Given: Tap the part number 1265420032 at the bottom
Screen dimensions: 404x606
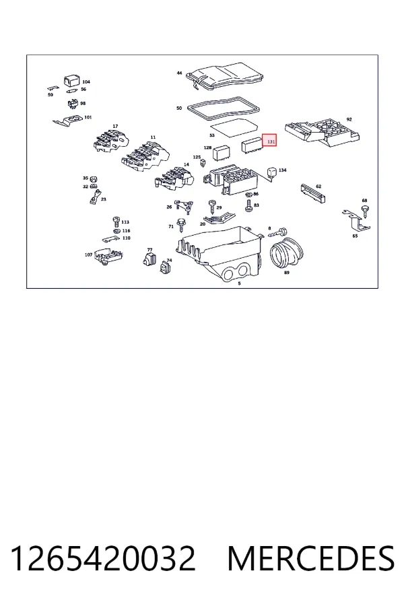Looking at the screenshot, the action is coord(103,558).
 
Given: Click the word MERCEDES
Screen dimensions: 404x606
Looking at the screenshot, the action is coord(311,558).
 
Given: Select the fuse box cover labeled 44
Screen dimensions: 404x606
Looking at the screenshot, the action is coord(225,77).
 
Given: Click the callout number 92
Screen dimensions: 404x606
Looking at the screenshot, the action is coord(349,119).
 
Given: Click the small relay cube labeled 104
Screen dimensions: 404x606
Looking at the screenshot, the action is coord(72,81).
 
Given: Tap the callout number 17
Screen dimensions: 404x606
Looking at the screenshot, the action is coord(115,127).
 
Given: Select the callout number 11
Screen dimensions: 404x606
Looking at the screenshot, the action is coord(153,137).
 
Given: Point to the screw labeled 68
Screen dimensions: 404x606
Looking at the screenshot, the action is coord(364,211).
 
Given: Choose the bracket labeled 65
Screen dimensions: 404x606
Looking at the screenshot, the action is coord(357,220).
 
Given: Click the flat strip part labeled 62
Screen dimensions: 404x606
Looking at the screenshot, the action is coord(312,193).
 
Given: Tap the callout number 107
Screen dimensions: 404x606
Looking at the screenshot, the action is coord(88,255).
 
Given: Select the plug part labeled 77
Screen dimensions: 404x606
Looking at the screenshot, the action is coord(149,259).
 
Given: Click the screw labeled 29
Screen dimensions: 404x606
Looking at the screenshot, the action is coord(211,206).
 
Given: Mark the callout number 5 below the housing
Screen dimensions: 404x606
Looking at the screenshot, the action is coord(239,283).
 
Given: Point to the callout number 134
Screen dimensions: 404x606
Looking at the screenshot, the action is coord(283,170).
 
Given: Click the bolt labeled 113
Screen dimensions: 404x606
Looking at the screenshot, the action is coord(116,222).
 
